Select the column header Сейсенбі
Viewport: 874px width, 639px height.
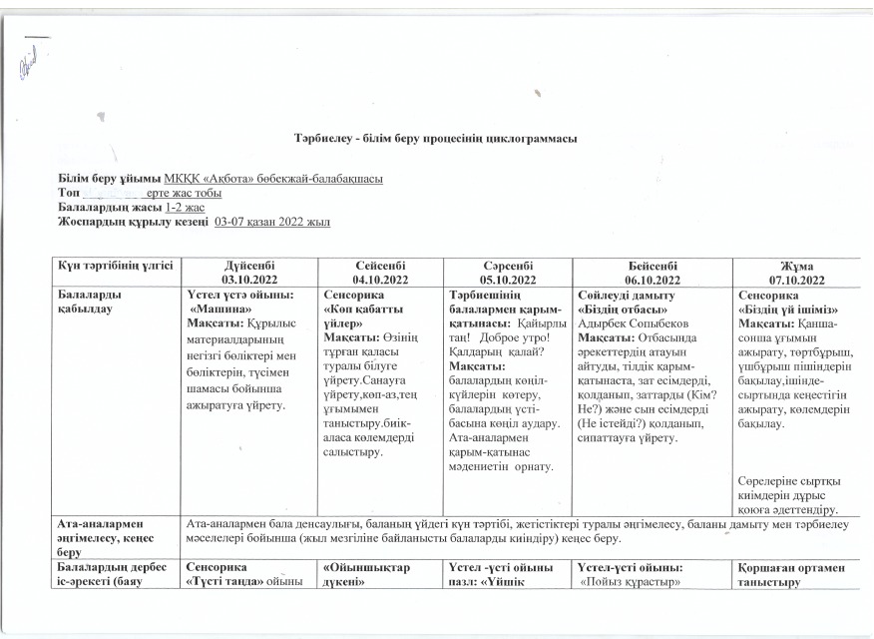pos(382,266)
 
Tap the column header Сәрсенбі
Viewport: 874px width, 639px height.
pos(508,266)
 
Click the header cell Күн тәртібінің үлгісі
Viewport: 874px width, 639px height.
pos(116,266)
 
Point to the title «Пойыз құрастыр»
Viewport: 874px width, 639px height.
pos(630,581)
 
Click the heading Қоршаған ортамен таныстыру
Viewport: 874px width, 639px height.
pos(795,574)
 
